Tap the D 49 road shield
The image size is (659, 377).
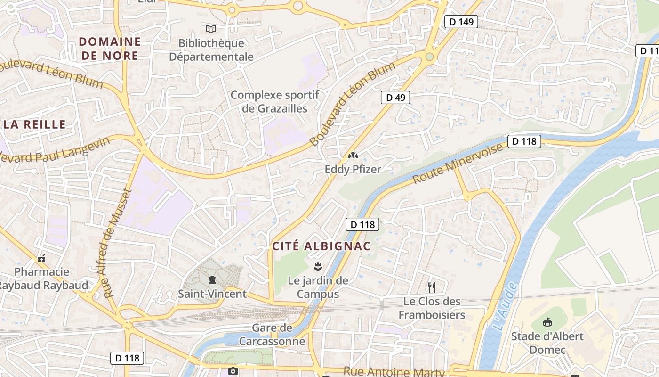tap(395, 98)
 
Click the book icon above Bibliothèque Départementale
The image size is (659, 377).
tap(211, 29)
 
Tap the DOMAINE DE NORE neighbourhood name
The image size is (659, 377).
tap(110, 49)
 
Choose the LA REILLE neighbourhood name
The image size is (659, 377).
tap(34, 124)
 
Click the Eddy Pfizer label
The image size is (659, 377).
tap(353, 169)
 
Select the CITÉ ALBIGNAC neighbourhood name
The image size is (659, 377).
tap(321, 246)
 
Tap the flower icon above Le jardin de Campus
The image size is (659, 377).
tap(318, 267)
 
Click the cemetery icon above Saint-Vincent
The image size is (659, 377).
tap(212, 280)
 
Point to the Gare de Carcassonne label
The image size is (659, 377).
tap(272, 334)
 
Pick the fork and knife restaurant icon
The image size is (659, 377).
tap(431, 287)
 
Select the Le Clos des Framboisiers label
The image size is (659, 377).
tap(432, 308)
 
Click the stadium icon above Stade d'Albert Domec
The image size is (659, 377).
tap(547, 322)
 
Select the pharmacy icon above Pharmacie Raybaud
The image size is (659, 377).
tap(41, 258)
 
